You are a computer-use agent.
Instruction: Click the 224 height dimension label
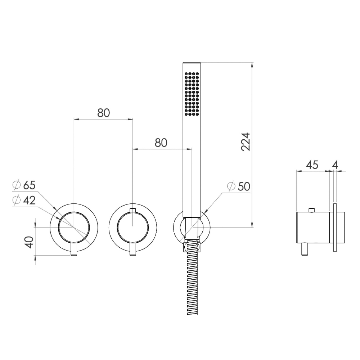pyautogui.click(x=246, y=141)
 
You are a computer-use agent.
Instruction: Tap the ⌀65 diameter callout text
pyautogui.click(x=24, y=185)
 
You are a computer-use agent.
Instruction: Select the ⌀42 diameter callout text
pyautogui.click(x=24, y=201)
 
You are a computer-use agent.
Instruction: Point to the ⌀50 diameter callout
pyautogui.click(x=238, y=186)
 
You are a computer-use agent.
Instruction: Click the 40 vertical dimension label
pyautogui.click(x=29, y=242)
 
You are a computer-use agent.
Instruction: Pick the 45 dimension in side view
pyautogui.click(x=312, y=165)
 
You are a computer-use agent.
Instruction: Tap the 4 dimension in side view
pyautogui.click(x=336, y=165)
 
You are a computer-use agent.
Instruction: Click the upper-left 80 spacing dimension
pyautogui.click(x=104, y=113)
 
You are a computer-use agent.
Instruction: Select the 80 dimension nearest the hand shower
pyautogui.click(x=161, y=143)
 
